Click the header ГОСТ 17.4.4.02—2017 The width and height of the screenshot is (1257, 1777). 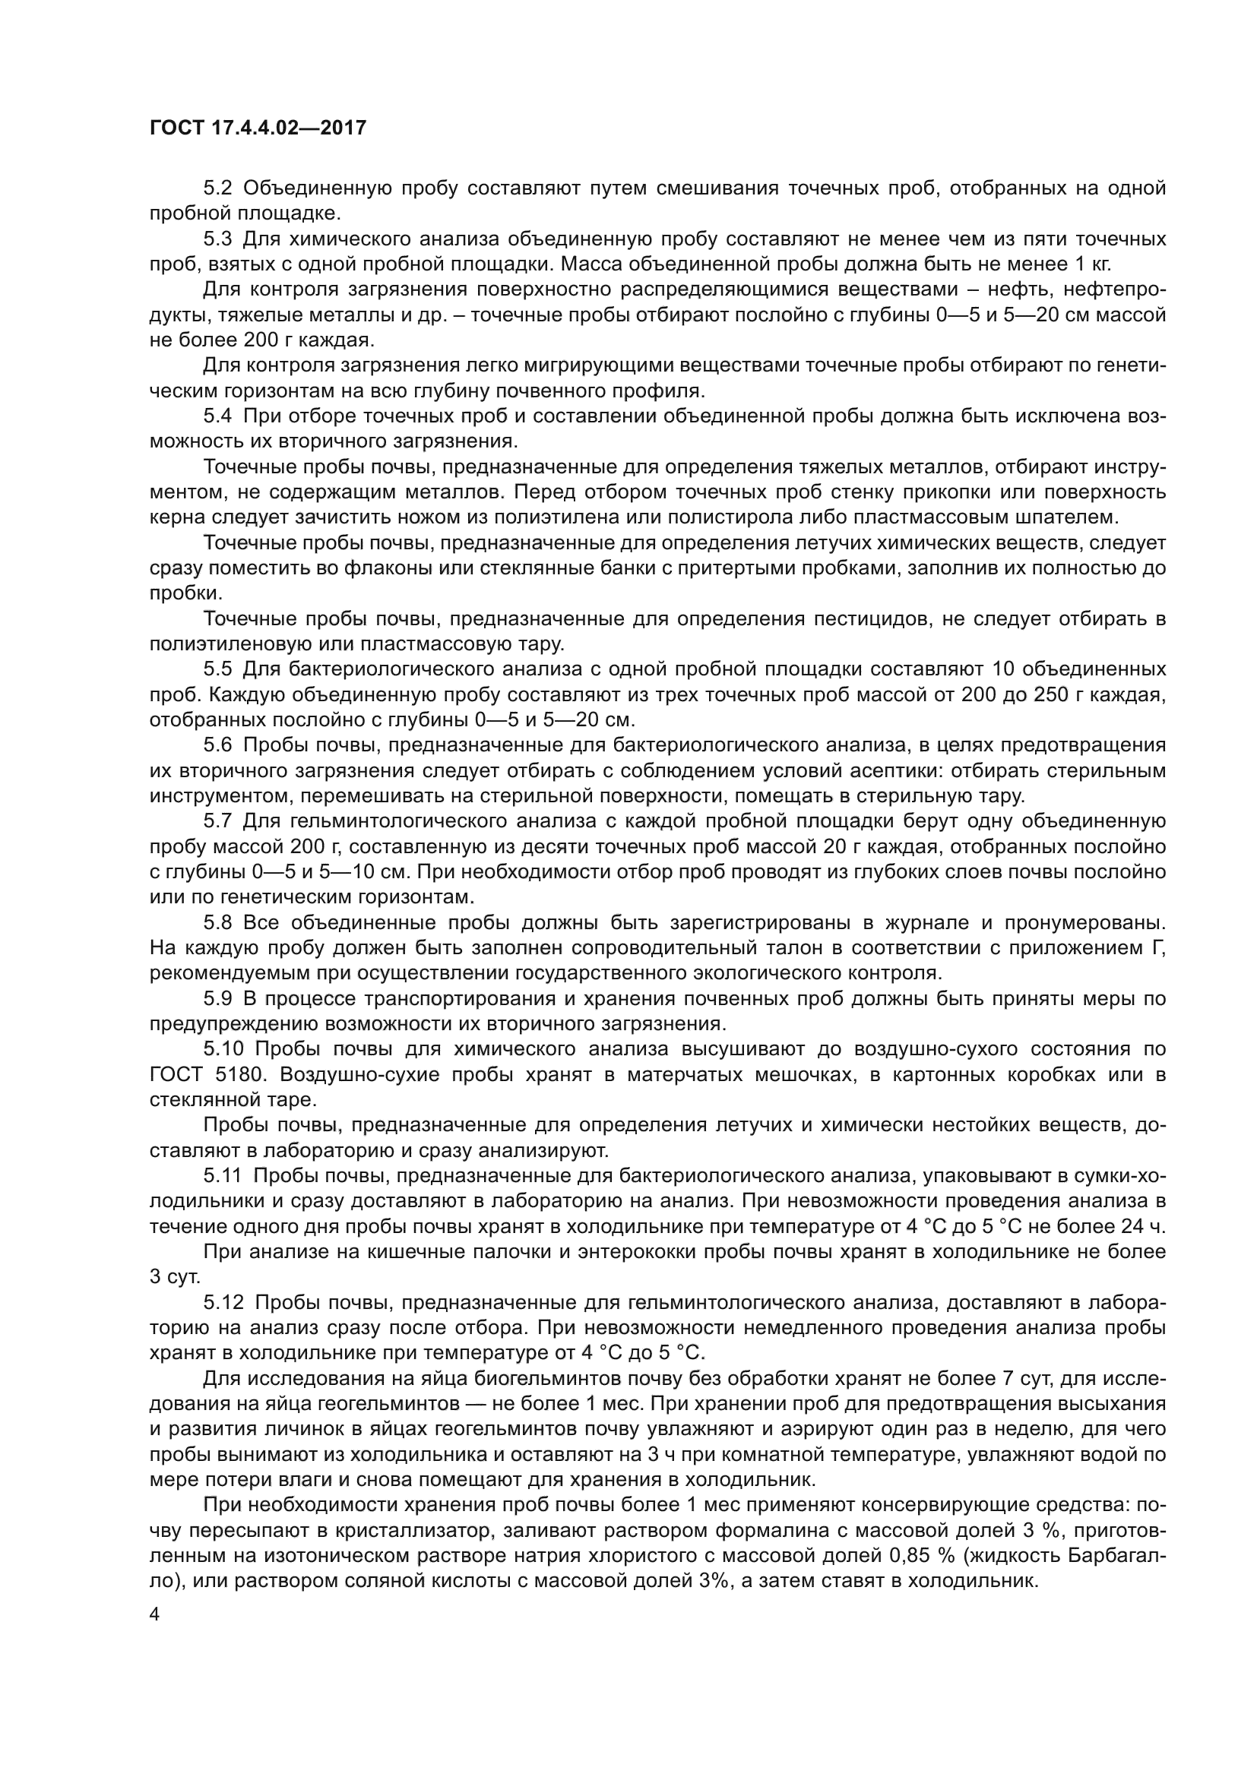258,128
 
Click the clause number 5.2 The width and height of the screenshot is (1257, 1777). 217,188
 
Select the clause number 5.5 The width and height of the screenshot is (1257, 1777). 217,669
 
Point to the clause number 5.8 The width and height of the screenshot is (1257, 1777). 217,922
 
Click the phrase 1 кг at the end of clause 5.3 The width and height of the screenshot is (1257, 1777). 1092,264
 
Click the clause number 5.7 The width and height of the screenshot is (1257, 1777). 217,821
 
